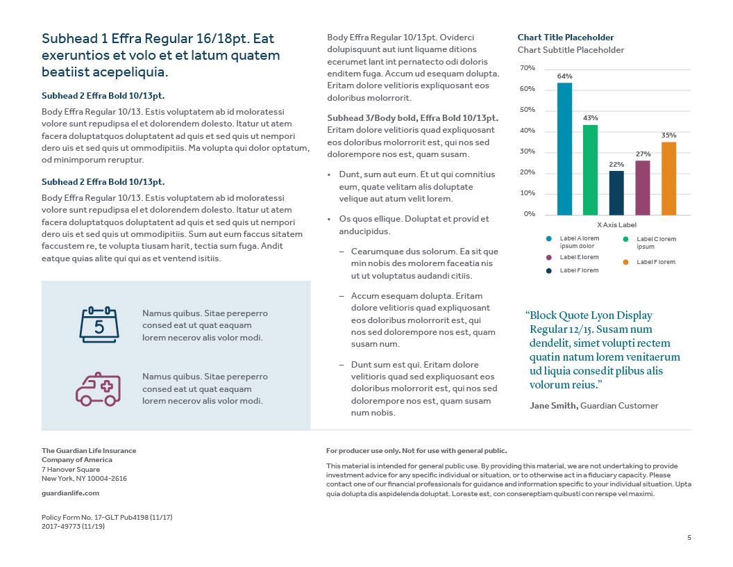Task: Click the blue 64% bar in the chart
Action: point(564,149)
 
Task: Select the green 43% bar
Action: point(590,170)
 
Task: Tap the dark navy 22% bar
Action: point(616,192)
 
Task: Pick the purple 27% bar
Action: point(643,188)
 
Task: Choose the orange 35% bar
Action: point(668,179)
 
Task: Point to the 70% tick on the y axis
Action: point(527,68)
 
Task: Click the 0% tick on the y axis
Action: point(529,214)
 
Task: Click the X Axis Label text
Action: point(616,225)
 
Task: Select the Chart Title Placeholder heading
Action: point(566,38)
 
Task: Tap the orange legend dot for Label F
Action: point(626,262)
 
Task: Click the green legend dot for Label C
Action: point(626,240)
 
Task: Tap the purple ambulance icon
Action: point(98,388)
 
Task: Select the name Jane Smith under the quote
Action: point(553,406)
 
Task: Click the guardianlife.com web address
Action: point(70,493)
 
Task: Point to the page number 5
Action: point(689,537)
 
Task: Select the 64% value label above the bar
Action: point(564,76)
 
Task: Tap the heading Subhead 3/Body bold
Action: point(412,118)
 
